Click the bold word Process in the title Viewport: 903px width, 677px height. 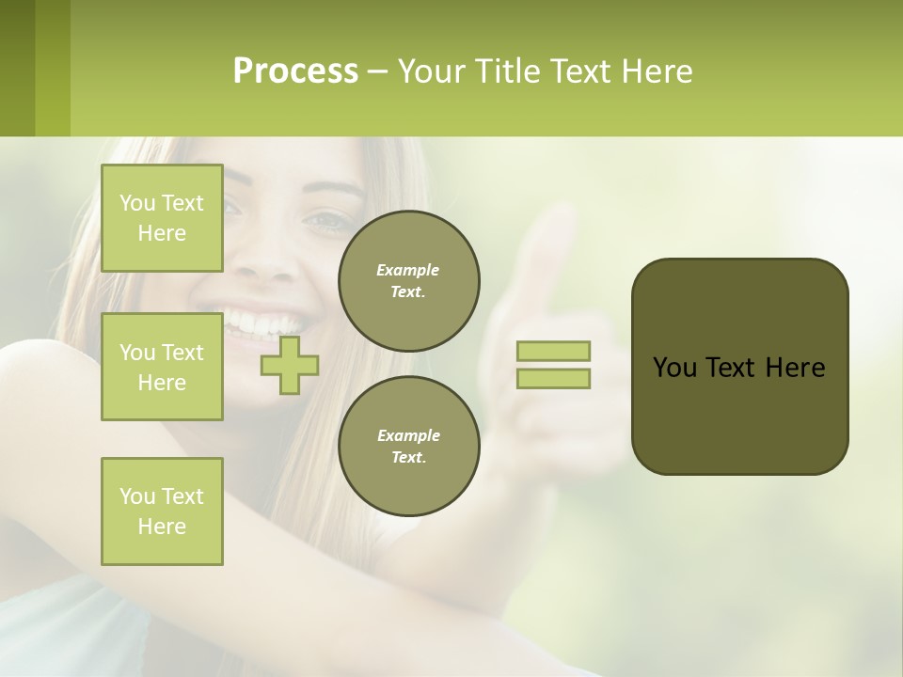(295, 71)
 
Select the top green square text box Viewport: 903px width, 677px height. (162, 218)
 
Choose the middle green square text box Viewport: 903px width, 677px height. (162, 367)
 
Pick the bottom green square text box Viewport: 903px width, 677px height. (162, 512)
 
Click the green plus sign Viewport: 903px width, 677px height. (290, 365)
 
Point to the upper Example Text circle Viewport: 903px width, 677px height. (408, 280)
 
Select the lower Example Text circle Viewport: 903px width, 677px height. (408, 446)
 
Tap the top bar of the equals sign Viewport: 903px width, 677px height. (553, 351)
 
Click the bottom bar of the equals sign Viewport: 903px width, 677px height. (553, 379)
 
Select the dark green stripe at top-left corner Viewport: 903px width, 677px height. (17, 68)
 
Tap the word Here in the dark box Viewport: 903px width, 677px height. (796, 368)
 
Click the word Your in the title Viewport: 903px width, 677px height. (429, 71)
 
